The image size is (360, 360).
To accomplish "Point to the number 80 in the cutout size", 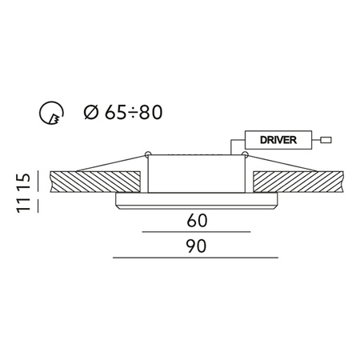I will point(154,113).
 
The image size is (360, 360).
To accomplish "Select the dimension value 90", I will point(196,246).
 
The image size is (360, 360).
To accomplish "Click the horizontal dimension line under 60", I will point(196,230).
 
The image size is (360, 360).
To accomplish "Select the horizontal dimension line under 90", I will point(196,259).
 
